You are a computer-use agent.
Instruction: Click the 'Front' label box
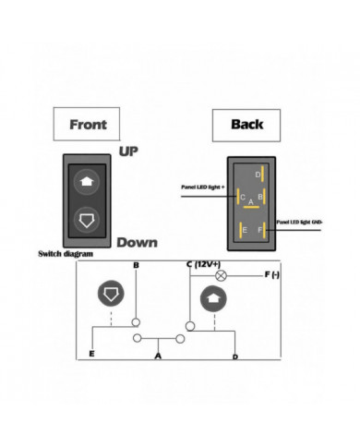pyautogui.click(x=88, y=123)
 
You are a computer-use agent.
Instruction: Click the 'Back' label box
pyautogui.click(x=246, y=123)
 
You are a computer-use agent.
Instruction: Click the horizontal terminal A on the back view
pyautogui.click(x=251, y=207)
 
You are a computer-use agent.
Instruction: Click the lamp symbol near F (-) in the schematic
pyautogui.click(x=220, y=275)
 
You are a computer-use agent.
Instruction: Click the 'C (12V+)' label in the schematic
pyautogui.click(x=206, y=264)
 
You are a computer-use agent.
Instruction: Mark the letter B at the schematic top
pyautogui.click(x=137, y=267)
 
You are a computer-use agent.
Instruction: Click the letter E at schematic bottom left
pyautogui.click(x=91, y=354)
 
